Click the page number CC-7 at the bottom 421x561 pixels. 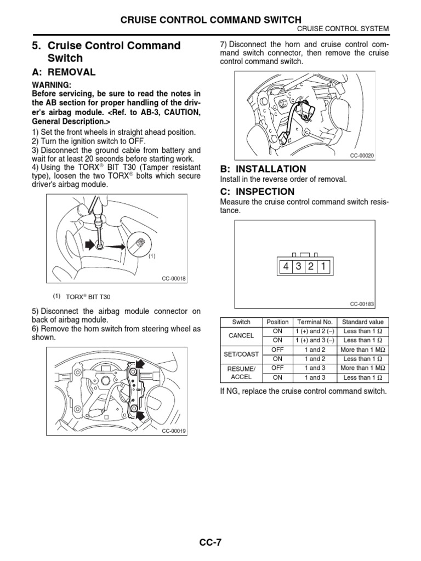point(210,542)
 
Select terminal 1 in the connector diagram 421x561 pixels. point(323,267)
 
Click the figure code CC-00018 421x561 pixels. point(174,279)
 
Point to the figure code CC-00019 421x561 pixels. point(174,431)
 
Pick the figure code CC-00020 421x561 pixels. point(362,156)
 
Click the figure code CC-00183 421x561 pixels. point(362,304)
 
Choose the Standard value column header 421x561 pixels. point(362,322)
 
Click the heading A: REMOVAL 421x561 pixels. point(64,72)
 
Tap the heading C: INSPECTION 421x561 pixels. point(257,192)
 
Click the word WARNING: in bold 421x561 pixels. point(51,85)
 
